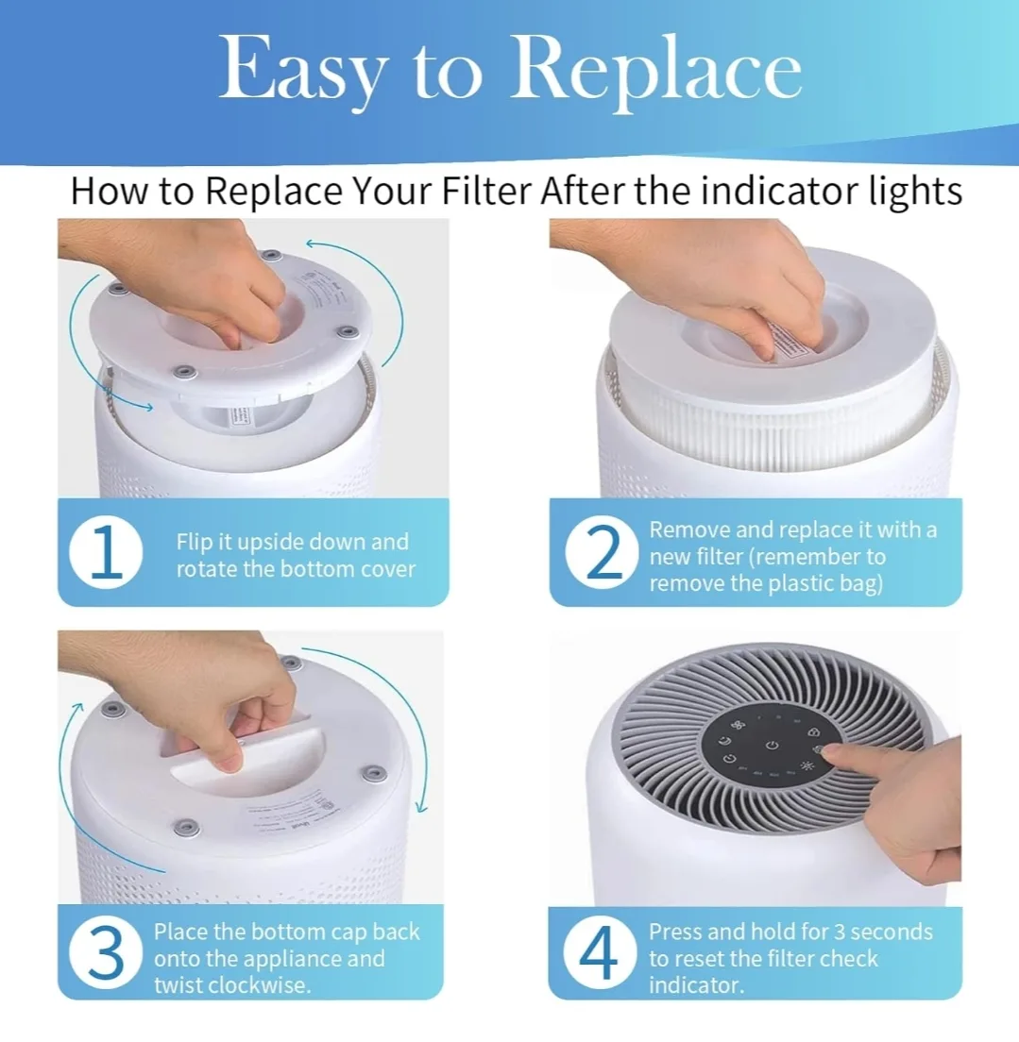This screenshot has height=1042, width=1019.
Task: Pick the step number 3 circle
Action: [x=106, y=954]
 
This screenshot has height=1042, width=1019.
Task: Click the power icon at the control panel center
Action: [x=773, y=746]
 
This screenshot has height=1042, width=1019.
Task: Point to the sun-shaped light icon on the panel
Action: [x=808, y=765]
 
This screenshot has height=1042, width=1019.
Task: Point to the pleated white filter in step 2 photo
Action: [x=774, y=415]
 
